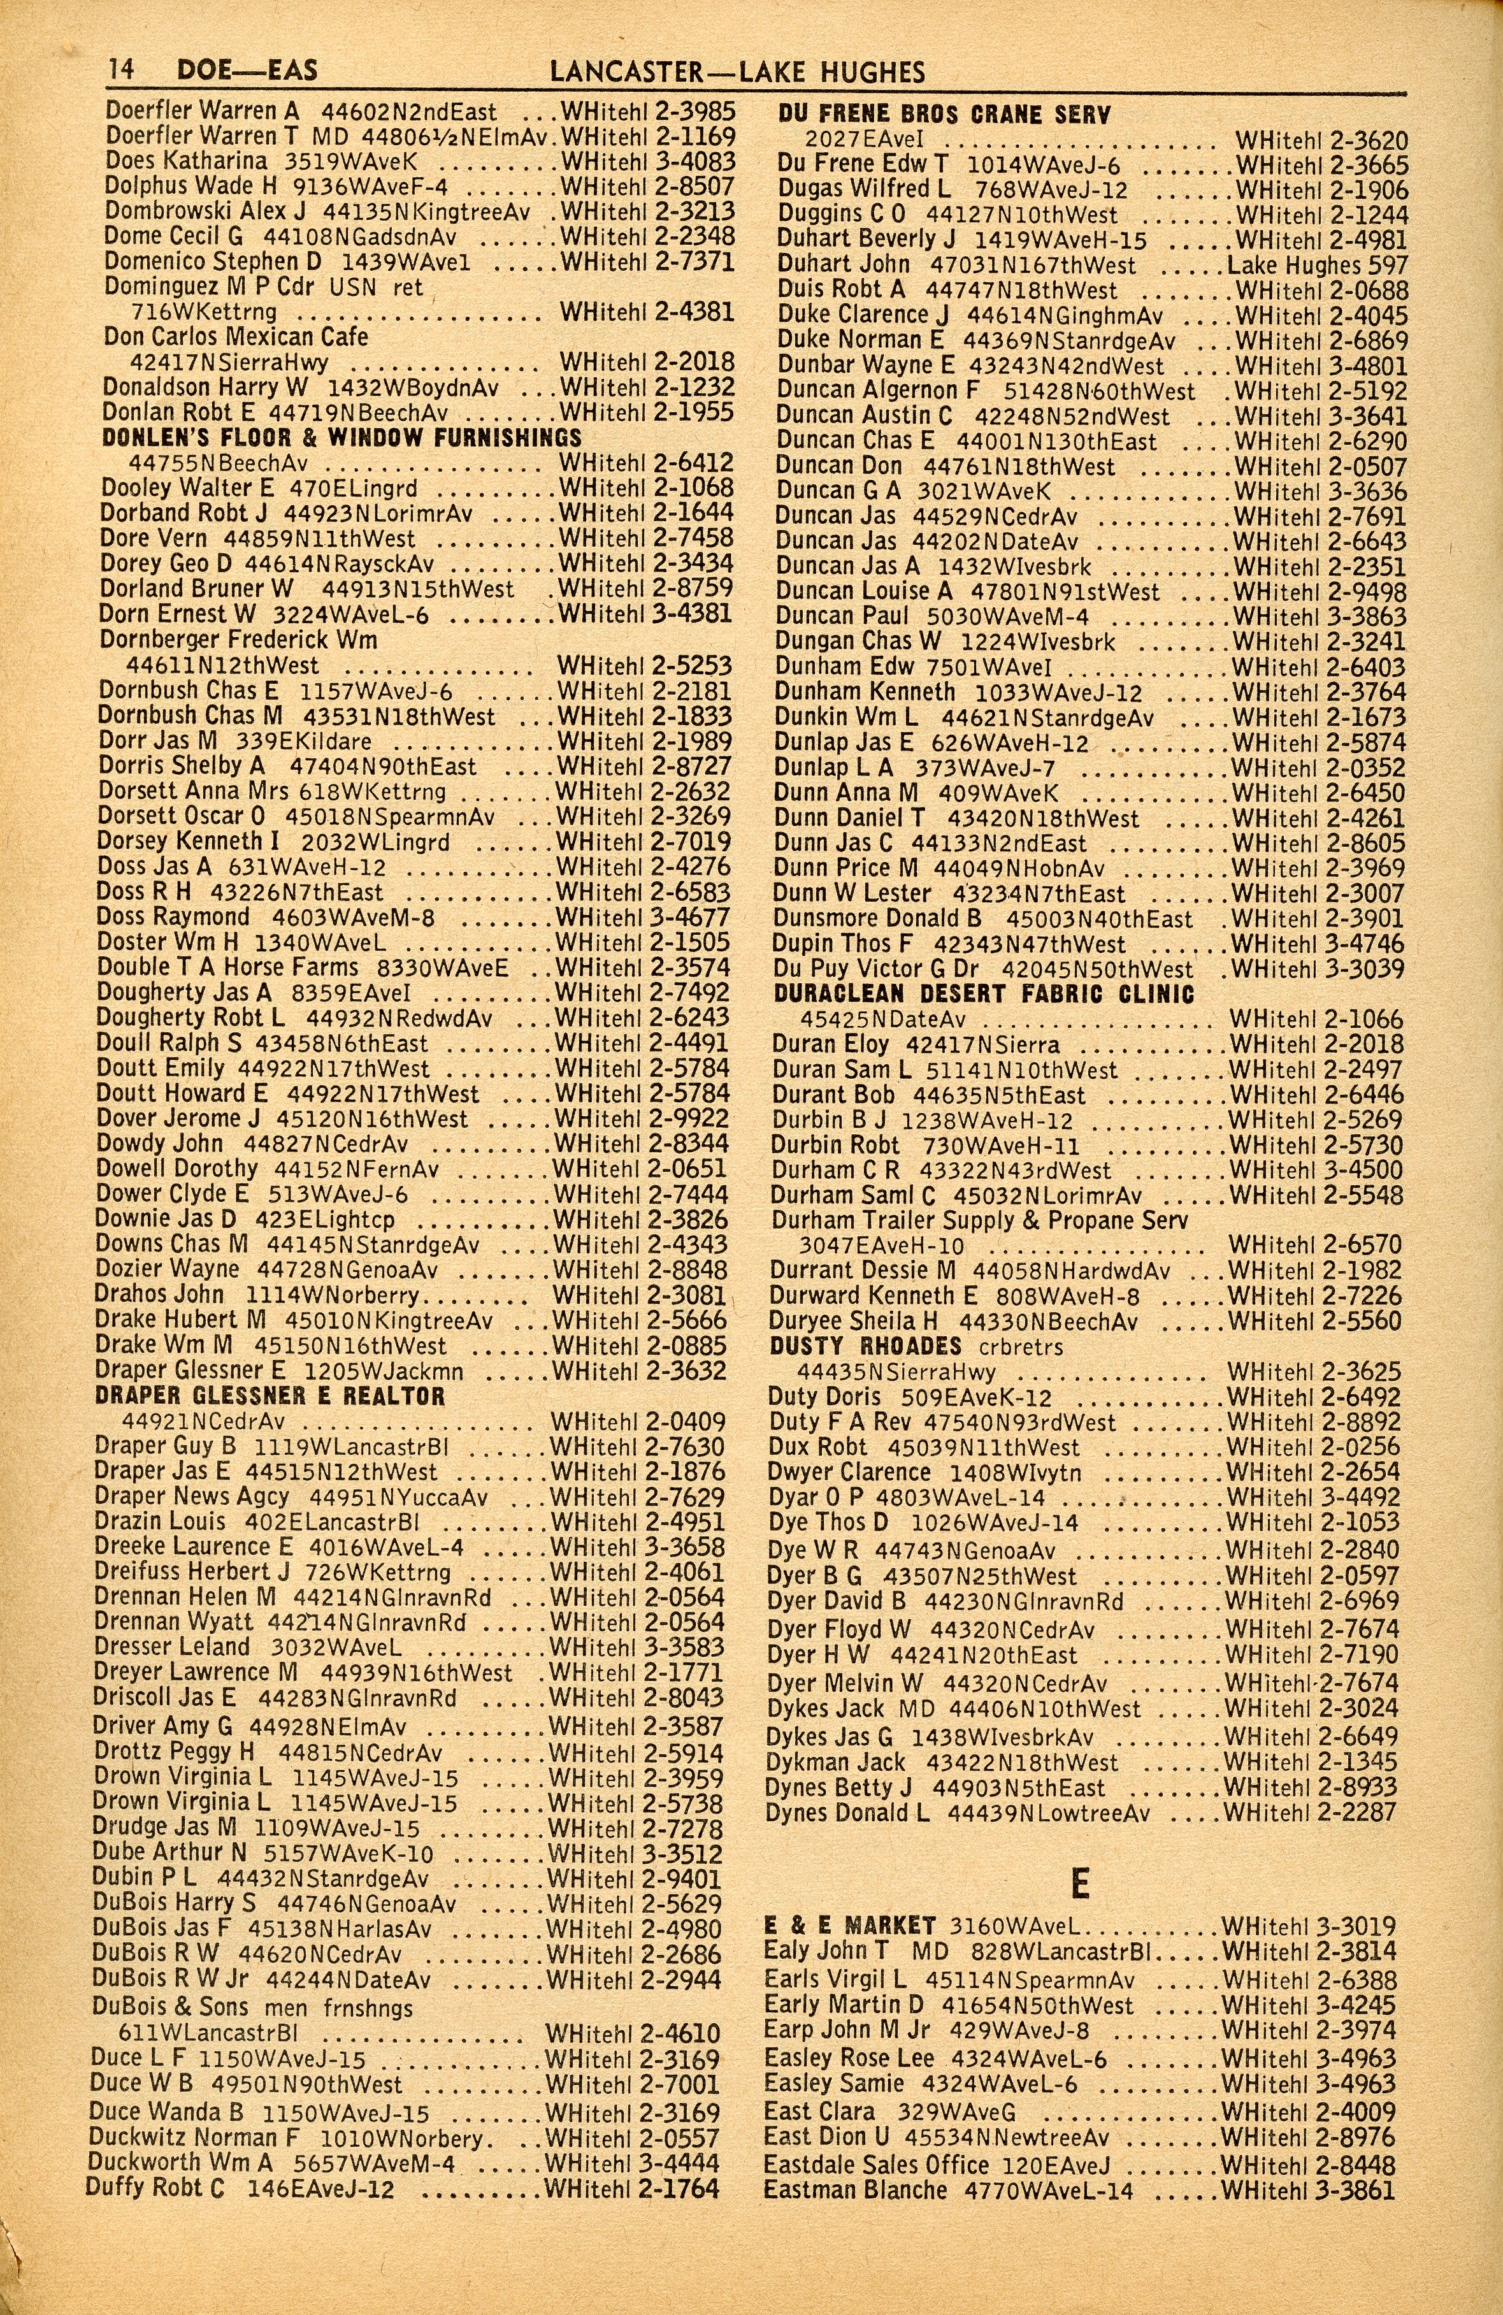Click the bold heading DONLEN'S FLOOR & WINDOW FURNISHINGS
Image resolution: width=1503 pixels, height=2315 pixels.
click(x=342, y=438)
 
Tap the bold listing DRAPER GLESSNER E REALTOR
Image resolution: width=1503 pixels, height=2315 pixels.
click(x=270, y=1395)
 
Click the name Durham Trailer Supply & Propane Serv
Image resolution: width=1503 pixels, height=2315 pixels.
click(x=980, y=1220)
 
